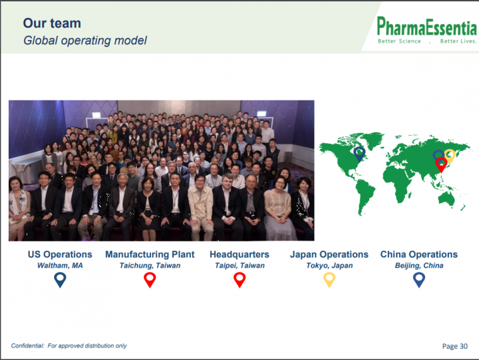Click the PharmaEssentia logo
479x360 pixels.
[426, 30]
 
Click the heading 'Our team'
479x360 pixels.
[52, 23]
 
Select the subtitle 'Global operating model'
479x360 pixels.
[85, 41]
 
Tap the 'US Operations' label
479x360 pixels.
[60, 254]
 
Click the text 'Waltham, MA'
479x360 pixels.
[60, 266]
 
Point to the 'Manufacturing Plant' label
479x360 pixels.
[150, 254]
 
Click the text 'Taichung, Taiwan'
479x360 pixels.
[150, 266]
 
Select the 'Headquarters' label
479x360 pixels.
[239, 254]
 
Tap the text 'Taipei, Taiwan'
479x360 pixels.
[239, 266]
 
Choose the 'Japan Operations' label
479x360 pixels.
[329, 254]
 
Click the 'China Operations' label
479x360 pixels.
[419, 254]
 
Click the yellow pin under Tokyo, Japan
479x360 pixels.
[329, 279]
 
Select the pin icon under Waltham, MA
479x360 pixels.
[60, 279]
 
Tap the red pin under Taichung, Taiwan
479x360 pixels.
[150, 279]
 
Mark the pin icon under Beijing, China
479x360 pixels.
[419, 279]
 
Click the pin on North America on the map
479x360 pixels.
[359, 153]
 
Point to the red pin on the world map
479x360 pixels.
[441, 164]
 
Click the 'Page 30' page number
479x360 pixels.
[455, 346]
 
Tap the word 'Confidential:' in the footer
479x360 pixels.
[27, 345]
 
